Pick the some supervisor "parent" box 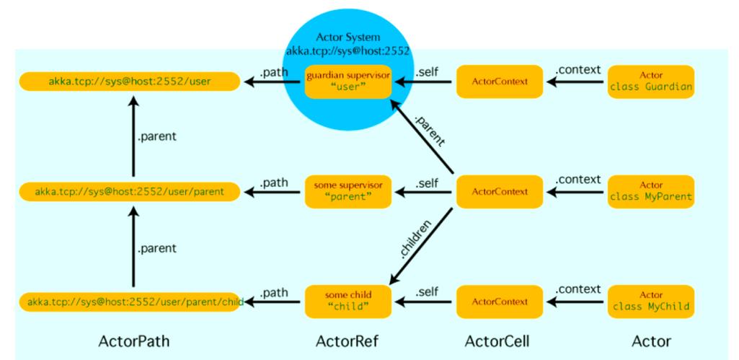tap(348, 192)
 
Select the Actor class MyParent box tap(652, 192)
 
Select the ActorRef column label tap(349, 341)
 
